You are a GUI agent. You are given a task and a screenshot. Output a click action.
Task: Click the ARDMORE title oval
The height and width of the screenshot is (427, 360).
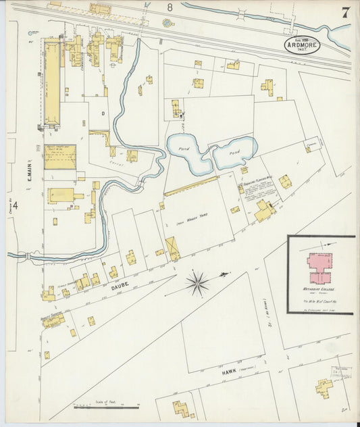coord(302,46)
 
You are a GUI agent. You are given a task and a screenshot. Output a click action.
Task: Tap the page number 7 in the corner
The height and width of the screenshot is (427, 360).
coord(345,13)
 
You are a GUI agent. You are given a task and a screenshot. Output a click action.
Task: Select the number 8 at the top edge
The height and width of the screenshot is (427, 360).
coord(170,7)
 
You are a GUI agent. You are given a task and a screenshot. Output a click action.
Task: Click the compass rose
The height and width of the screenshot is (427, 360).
coord(198,282)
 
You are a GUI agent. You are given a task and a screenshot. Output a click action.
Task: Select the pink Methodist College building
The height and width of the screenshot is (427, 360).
coord(319,268)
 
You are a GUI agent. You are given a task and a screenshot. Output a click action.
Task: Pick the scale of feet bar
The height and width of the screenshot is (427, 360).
coord(106,407)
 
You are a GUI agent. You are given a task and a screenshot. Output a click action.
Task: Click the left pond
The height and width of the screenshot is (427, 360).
coord(188,154)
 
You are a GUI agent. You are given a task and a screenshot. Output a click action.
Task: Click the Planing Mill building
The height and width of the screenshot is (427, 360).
coord(264,211)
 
